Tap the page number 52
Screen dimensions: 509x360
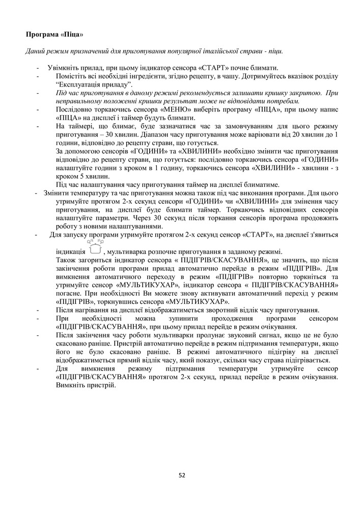182,475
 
